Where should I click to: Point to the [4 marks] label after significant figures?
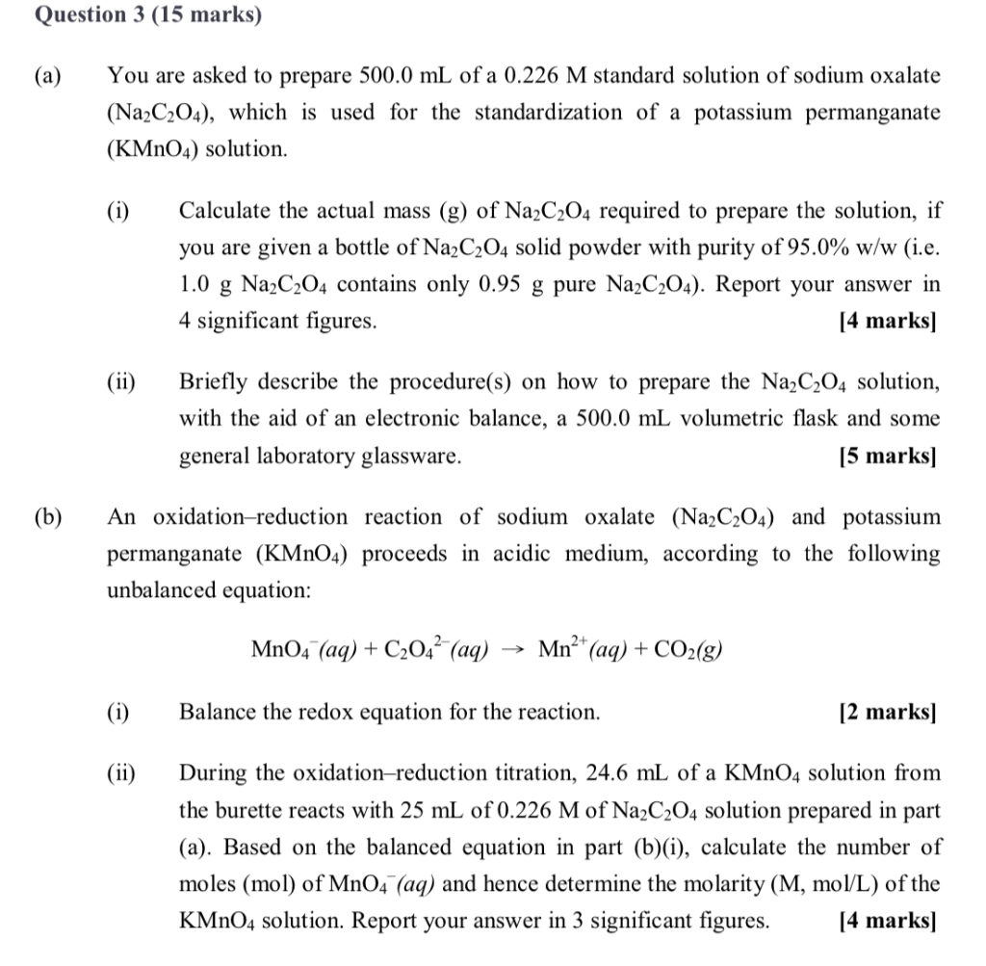(x=887, y=322)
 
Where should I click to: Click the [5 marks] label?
(x=887, y=457)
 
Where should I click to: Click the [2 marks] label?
(x=887, y=713)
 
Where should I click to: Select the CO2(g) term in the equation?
(x=688, y=650)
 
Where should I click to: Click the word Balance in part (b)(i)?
(x=217, y=713)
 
